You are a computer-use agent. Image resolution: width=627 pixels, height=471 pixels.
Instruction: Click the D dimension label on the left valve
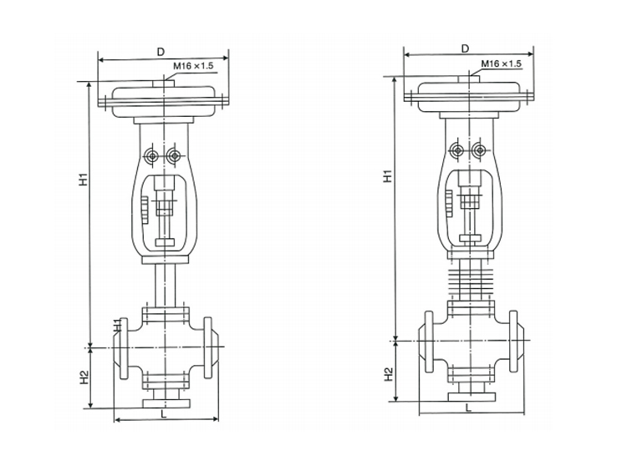point(160,52)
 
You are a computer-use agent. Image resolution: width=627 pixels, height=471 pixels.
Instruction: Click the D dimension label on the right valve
point(464,48)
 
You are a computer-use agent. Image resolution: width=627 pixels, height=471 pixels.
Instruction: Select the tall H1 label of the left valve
point(83,179)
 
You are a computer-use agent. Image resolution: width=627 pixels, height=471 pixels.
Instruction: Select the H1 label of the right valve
point(387,176)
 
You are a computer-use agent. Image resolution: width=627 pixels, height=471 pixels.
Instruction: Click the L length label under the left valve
point(164,412)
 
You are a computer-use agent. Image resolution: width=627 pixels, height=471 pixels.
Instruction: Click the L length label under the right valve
point(468,408)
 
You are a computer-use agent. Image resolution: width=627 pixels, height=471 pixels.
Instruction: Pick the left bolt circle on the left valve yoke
point(152,155)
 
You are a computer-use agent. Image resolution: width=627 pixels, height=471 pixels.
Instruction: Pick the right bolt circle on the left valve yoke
point(173,155)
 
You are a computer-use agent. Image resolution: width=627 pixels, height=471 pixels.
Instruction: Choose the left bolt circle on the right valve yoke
point(457,150)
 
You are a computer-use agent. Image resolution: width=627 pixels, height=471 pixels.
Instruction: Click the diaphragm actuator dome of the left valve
point(164,91)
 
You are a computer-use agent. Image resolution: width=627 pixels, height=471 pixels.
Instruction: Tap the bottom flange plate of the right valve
point(468,398)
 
